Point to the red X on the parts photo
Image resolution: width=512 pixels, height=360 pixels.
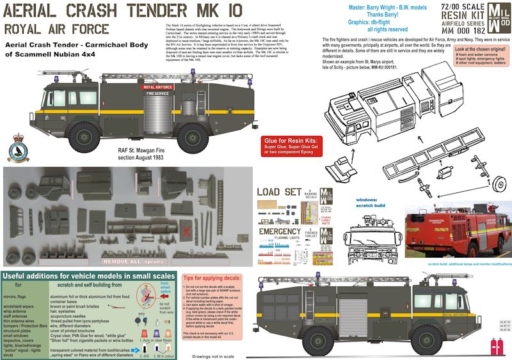tap(186, 231)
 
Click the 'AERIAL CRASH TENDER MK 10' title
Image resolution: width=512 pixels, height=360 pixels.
tap(125, 12)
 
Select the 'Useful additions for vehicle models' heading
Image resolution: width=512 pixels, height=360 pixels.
tap(74, 276)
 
